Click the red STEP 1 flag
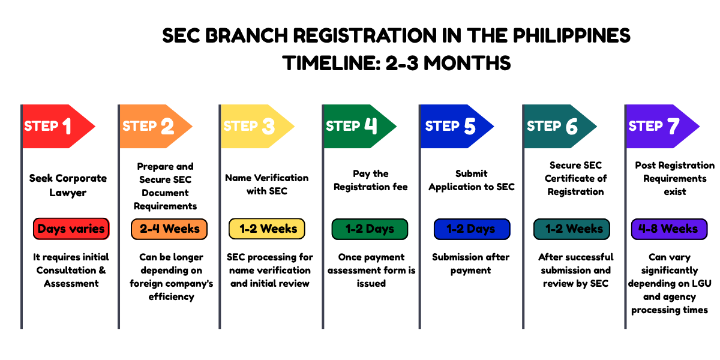point(54,126)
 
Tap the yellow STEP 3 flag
point(252,126)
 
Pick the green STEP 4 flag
point(354,126)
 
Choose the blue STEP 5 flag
point(453,126)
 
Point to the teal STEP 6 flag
point(555,126)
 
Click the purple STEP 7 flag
point(657,126)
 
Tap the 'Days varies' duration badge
point(71,229)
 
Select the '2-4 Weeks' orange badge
point(169,229)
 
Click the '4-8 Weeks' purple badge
point(668,229)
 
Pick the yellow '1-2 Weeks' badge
point(268,229)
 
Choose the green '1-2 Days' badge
point(370,229)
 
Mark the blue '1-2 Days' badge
point(472,229)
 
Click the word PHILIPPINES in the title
point(571,35)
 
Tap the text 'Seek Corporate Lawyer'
point(68,185)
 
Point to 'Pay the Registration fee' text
point(371,180)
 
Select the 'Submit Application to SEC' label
point(472,180)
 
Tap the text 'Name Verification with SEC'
point(267,184)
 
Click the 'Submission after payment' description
point(471,263)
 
